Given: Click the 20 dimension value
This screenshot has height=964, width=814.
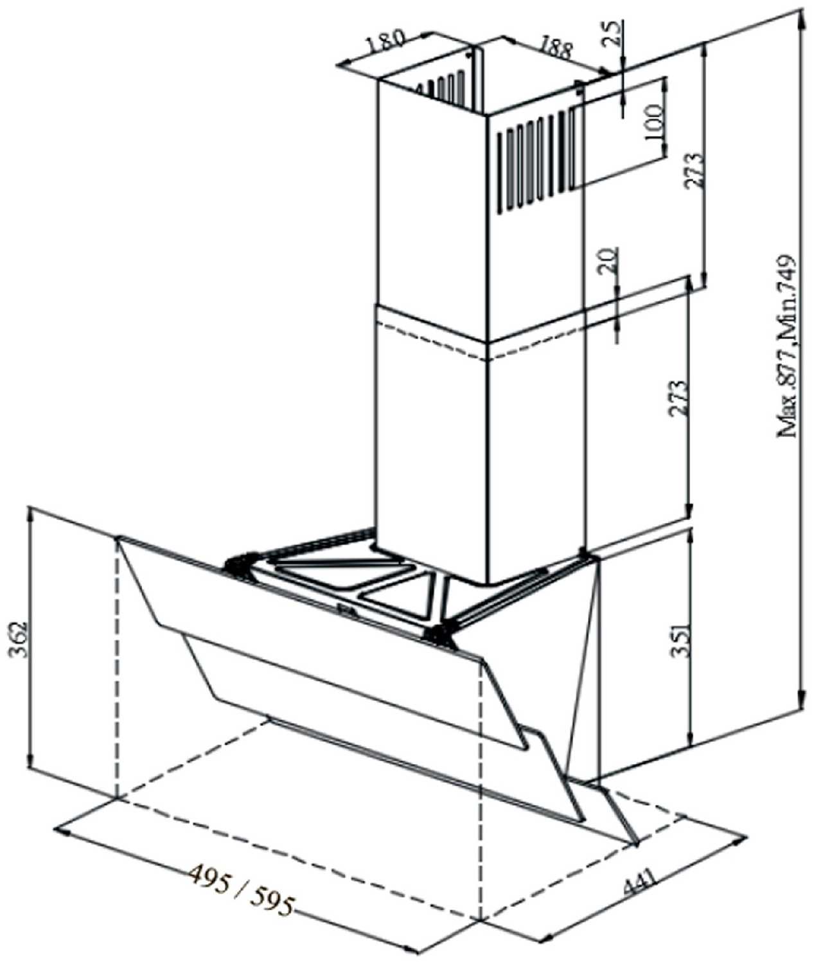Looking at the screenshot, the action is tap(608, 262).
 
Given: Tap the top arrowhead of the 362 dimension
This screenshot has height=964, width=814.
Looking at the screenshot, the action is tap(30, 514).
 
